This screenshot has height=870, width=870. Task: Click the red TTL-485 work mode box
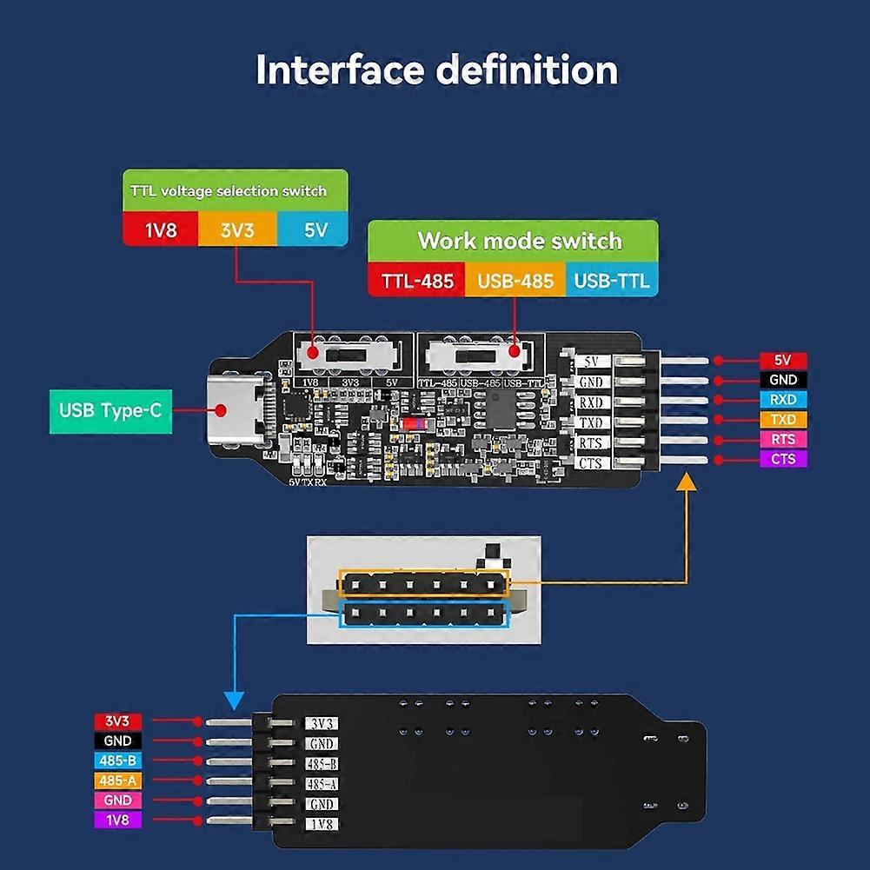[x=416, y=282]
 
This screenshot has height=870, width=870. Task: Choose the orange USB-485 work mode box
[x=515, y=282]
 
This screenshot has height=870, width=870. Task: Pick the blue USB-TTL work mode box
[x=611, y=282]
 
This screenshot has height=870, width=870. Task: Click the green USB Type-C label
[x=110, y=410]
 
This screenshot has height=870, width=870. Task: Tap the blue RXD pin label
[x=783, y=400]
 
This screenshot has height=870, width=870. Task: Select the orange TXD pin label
[x=783, y=420]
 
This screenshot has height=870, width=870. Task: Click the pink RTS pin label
[x=783, y=439]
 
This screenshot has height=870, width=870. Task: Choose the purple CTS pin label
[x=783, y=459]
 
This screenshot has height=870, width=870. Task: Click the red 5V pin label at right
[x=783, y=361]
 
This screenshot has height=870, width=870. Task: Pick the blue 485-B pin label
[x=117, y=760]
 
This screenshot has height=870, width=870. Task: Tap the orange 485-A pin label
[x=117, y=780]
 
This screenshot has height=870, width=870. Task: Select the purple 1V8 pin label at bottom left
[x=117, y=820]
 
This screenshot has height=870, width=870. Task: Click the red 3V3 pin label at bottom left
[x=117, y=721]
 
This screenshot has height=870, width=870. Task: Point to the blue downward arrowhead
[x=234, y=700]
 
